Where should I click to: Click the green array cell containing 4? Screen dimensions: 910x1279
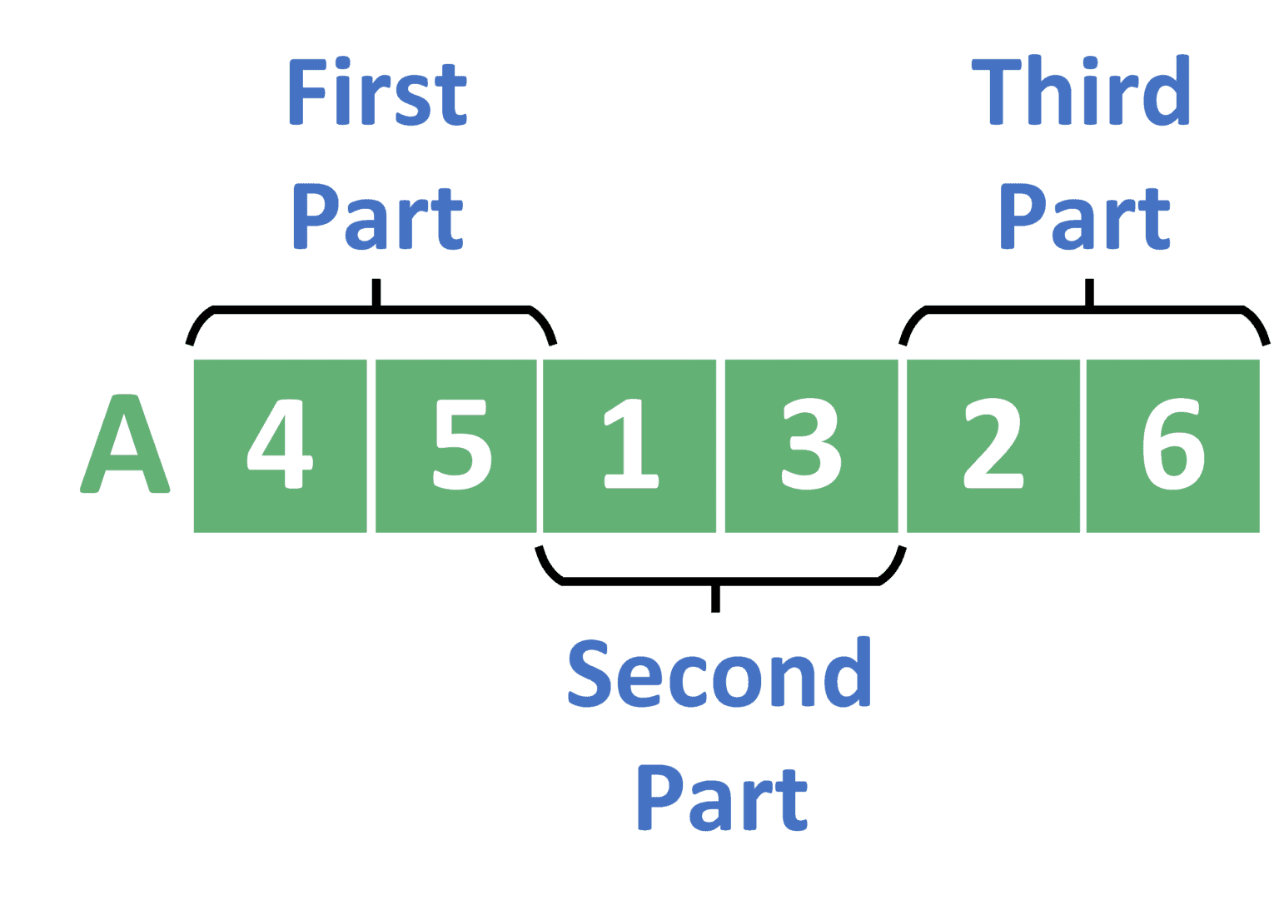[x=280, y=445]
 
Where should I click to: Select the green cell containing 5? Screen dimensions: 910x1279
[x=456, y=445]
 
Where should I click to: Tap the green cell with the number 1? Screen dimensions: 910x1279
[x=630, y=445]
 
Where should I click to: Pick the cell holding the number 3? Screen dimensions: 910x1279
[x=811, y=445]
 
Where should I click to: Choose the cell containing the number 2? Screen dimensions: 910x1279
[x=993, y=445]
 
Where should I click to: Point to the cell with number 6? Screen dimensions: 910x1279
[x=1172, y=445]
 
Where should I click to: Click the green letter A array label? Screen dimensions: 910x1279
[x=125, y=444]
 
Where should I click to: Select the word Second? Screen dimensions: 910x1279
[x=719, y=673]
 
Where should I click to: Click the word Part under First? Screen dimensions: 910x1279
[x=377, y=216]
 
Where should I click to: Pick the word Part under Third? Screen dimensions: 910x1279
[x=1084, y=216]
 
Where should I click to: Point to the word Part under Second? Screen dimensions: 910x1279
[x=722, y=798]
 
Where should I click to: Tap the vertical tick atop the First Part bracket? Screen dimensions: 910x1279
[x=376, y=291]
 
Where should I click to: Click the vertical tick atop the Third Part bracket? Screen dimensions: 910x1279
[x=1089, y=291]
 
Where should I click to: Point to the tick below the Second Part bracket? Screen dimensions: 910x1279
[x=715, y=599]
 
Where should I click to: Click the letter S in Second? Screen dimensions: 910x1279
[x=590, y=674]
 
